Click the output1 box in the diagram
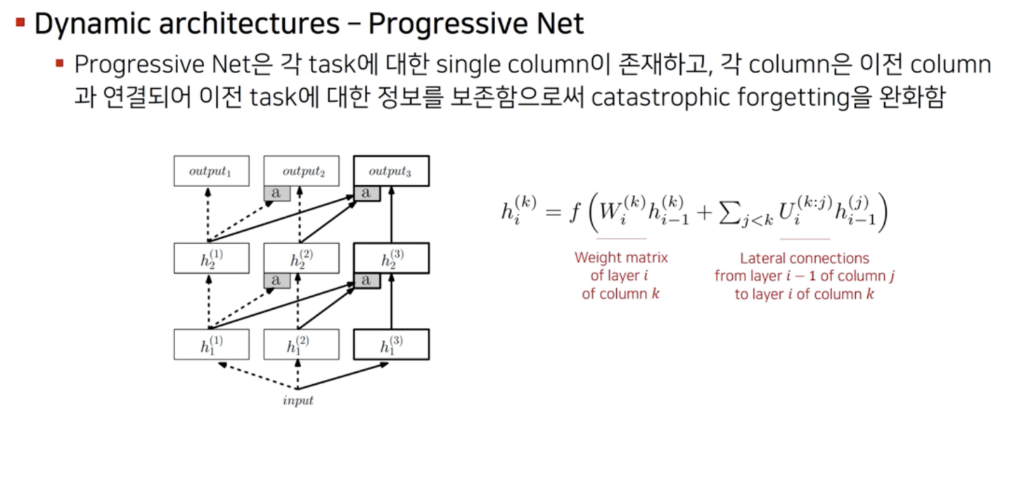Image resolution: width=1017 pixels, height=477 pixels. coord(211,171)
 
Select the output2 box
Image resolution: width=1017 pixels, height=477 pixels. coord(301,171)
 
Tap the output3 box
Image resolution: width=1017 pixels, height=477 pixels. coord(391,171)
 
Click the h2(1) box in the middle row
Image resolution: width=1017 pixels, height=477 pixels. coord(211,258)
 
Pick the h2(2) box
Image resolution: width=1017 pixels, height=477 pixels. coord(301,258)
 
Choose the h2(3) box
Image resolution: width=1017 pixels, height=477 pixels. coord(391,258)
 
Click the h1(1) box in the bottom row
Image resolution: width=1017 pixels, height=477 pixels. coord(211,344)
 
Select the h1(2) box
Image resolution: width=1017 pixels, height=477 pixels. coord(301,344)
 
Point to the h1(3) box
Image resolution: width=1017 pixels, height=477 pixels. coord(391,344)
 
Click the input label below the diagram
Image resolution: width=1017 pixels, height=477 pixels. coord(298,400)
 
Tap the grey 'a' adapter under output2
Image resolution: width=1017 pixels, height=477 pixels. coord(276,193)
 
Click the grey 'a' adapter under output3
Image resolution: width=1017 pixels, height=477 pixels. coord(367,193)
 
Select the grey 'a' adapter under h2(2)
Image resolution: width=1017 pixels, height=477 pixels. coord(276,280)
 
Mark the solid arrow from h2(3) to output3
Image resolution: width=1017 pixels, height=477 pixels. coord(391,215)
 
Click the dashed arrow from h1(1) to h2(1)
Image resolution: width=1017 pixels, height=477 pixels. coord(209,301)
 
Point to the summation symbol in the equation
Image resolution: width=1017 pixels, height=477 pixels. coord(729,212)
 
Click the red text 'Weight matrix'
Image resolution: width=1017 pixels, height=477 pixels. coord(621,257)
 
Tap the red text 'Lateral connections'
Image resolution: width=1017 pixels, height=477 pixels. coord(805,258)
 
